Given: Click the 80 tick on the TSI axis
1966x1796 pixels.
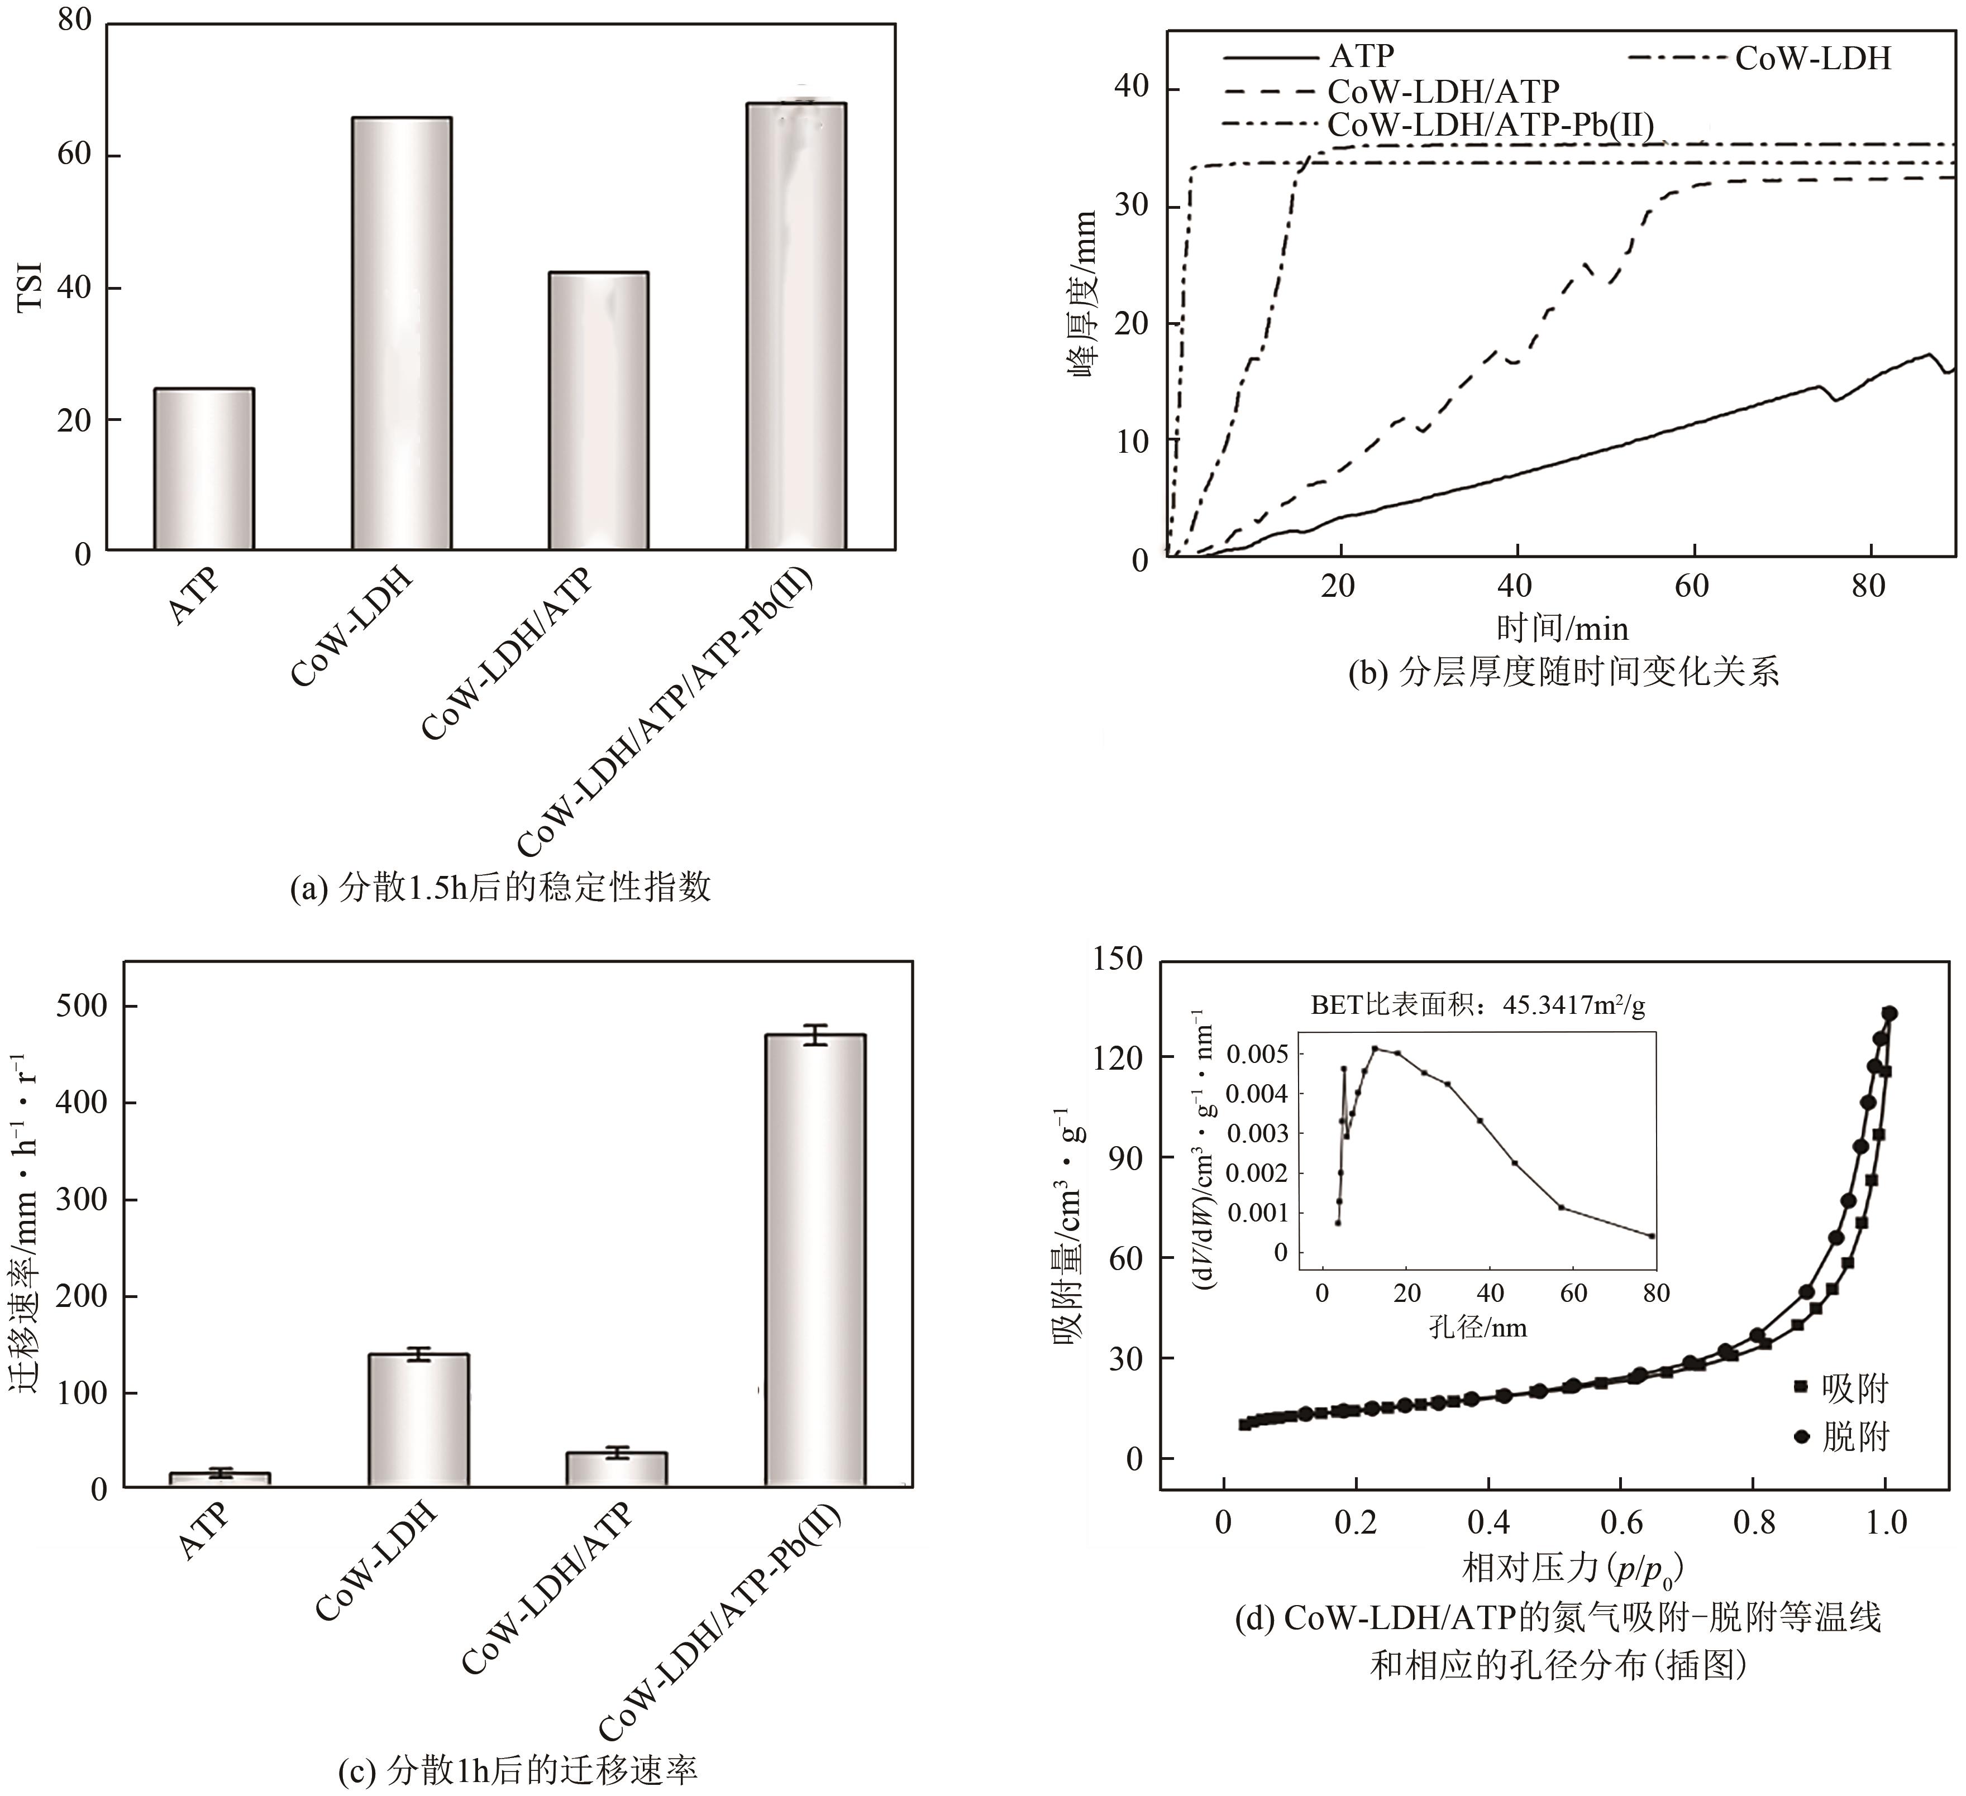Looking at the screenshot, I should pos(74,21).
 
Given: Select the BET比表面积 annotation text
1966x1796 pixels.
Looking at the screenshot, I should pos(1477,1005).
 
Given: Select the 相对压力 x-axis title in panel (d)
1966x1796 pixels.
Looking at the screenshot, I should pos(1572,1568).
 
